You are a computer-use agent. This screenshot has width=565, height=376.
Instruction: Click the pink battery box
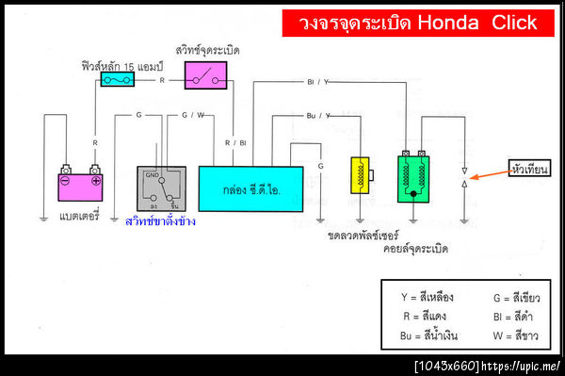click(80, 188)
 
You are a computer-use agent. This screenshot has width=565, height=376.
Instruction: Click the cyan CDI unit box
click(250, 188)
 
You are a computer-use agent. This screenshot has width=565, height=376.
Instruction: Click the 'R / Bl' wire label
click(235, 142)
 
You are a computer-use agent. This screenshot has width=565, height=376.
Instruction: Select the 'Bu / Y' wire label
click(317, 116)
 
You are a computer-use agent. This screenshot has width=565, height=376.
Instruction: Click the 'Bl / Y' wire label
click(318, 82)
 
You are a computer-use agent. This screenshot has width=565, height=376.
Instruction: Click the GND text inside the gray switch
click(151, 173)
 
